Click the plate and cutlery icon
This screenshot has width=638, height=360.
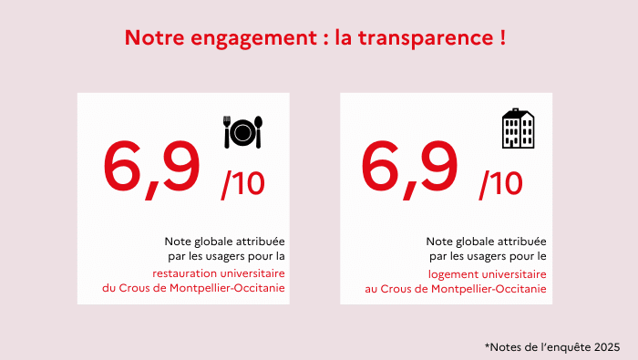coord(242,132)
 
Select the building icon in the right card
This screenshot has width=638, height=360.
coord(518,129)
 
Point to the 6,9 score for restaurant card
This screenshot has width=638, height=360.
coord(151,168)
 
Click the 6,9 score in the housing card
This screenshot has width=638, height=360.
coord(410,168)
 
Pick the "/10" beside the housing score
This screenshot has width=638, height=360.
coord(501,184)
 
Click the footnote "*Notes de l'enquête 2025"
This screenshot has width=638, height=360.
coord(552,346)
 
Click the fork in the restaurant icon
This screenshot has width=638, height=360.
coord(228,132)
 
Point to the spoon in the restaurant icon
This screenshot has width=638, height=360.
coord(259,132)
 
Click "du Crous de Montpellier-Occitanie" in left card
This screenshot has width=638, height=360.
coord(193,288)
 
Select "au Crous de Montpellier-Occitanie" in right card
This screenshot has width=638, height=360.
coord(456,288)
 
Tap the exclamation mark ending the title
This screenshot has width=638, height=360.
coord(502,39)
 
